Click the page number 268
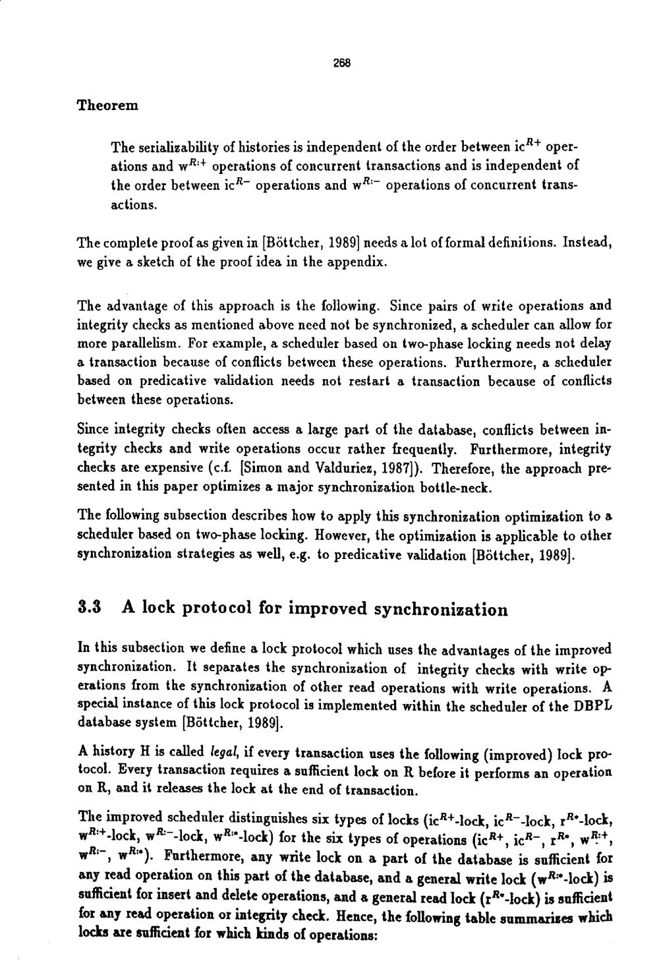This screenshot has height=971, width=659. click(x=341, y=64)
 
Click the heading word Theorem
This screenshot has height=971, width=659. click(x=107, y=105)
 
